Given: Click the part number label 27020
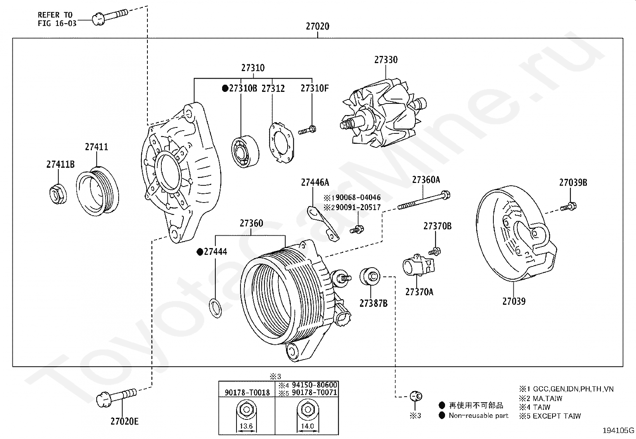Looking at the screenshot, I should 318,26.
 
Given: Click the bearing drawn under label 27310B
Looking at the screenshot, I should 245,152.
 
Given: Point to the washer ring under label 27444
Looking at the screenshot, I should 216,308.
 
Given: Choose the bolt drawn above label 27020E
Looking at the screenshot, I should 116,397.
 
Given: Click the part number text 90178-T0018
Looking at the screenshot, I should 247,393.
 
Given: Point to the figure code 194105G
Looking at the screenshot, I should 618,430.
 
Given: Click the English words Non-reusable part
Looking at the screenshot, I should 479,415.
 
